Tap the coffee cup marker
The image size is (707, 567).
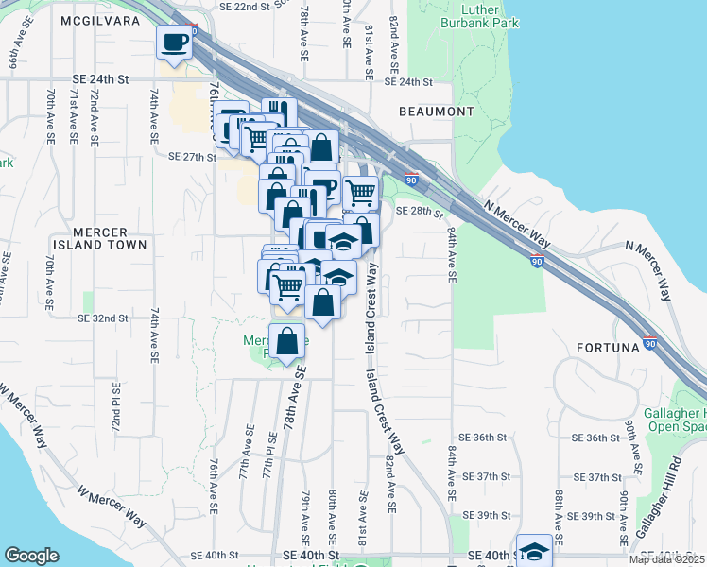point(174,41)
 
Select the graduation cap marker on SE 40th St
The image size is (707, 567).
point(535,551)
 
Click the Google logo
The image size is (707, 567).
point(31,556)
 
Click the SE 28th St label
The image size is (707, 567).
point(419,211)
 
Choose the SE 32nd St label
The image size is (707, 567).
point(103,318)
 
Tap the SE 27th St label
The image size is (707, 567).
point(192,157)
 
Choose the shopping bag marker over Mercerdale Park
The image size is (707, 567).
point(287,342)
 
